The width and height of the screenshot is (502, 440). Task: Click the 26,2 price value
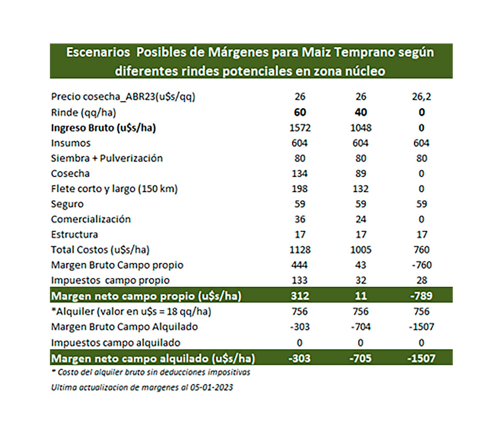[x=421, y=97]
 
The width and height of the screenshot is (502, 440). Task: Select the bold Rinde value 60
[x=300, y=112]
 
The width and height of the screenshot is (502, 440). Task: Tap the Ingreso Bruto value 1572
[x=300, y=128]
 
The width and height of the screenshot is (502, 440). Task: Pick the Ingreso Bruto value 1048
[x=361, y=128]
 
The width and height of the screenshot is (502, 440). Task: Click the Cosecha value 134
[x=300, y=174]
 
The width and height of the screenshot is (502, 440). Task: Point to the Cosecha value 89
[x=361, y=174]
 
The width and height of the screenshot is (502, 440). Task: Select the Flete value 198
[x=300, y=189]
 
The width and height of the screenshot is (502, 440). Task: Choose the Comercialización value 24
[x=361, y=219]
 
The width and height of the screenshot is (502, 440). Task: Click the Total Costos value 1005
[x=361, y=250]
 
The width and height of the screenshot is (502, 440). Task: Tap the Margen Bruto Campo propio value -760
[x=422, y=265]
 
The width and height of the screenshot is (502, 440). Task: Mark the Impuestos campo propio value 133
[x=300, y=280]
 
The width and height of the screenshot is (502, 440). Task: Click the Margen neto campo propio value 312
[x=300, y=296]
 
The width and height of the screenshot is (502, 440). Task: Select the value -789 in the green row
[x=421, y=296]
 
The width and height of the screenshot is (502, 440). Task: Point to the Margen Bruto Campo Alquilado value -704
[x=361, y=327]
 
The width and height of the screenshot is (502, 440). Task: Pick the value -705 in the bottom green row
[x=361, y=358]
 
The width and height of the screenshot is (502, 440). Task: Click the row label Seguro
[x=67, y=204]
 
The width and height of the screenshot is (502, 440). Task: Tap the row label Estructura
[x=75, y=235]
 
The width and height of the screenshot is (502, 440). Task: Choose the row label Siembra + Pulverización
[x=107, y=158]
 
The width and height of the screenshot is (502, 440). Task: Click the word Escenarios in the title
[x=98, y=52]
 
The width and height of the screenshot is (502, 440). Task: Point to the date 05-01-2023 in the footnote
[x=211, y=387]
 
